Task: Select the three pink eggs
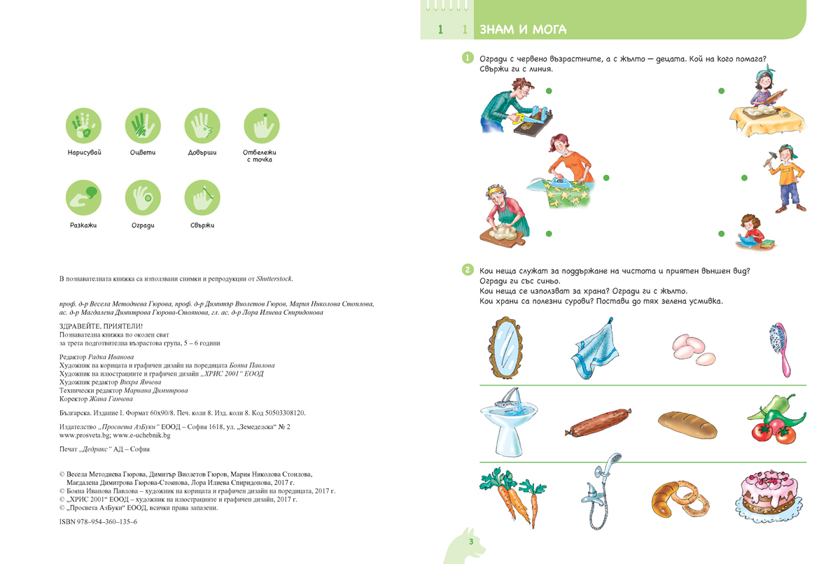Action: pyautogui.click(x=688, y=347)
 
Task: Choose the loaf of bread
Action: pyautogui.click(x=687, y=423)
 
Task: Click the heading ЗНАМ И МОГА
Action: pyautogui.click(x=523, y=29)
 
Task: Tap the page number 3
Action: pyautogui.click(x=471, y=542)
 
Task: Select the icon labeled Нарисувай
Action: pyautogui.click(x=83, y=127)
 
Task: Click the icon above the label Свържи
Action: pyautogui.click(x=202, y=197)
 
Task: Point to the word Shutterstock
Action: pyautogui.click(x=274, y=279)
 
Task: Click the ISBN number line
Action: pyautogui.click(x=99, y=522)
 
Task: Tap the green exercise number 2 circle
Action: pyautogui.click(x=468, y=269)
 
